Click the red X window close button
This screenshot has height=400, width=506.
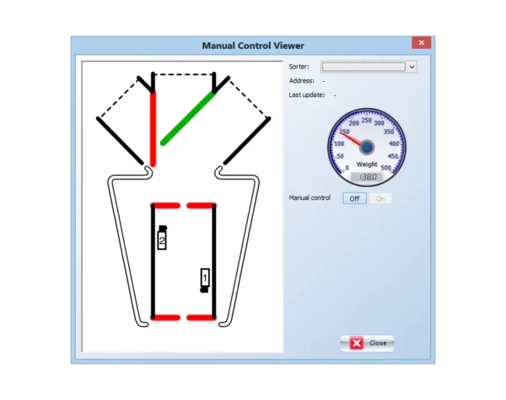[x=421, y=42]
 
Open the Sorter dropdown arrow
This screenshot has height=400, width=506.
[x=412, y=67]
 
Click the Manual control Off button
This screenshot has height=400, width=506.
[x=354, y=198]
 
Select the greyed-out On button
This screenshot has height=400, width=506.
[x=380, y=198]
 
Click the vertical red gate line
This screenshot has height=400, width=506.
[x=153, y=129]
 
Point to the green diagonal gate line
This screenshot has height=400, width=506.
[x=188, y=118]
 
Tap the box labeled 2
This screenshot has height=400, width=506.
[x=162, y=241]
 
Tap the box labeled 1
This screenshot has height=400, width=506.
[x=205, y=278]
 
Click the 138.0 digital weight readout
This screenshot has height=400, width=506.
[x=367, y=177]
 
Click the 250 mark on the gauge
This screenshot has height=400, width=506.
[x=366, y=120]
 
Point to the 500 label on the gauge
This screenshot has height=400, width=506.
[x=385, y=168]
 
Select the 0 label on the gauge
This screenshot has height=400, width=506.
[x=347, y=168]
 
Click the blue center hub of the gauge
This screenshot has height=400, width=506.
[x=367, y=147]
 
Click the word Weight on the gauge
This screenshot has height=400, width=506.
[x=367, y=164]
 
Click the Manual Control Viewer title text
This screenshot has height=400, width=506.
[x=253, y=46]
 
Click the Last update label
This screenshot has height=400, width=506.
[x=307, y=95]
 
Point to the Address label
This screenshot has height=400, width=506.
[x=301, y=81]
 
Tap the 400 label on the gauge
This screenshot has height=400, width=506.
[x=394, y=143]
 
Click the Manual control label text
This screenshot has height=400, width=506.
[x=310, y=197]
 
